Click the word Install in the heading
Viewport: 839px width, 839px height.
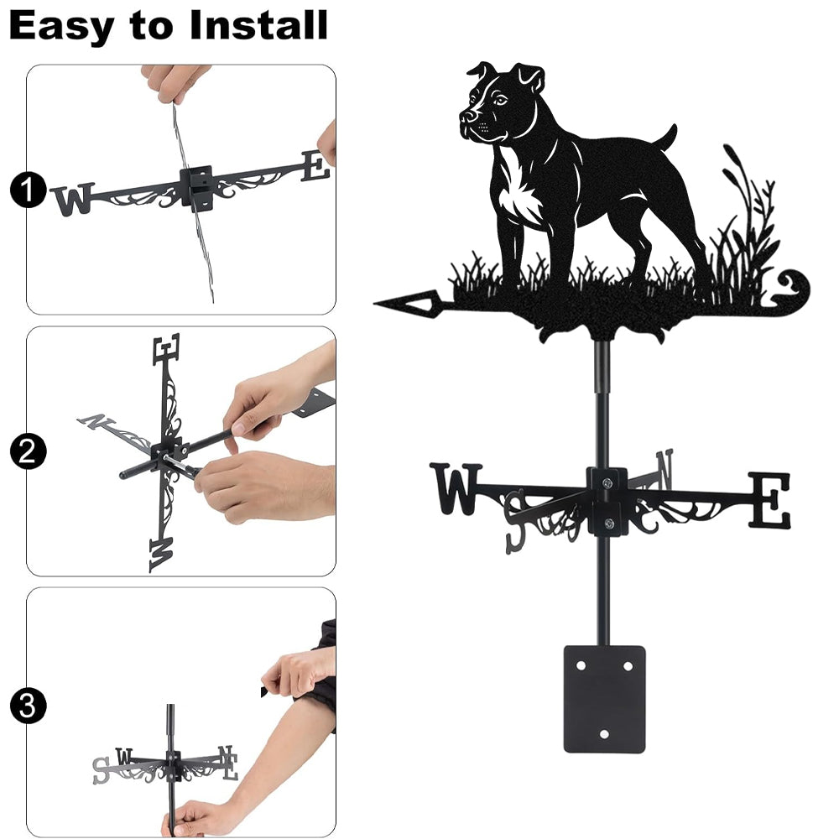pyautogui.click(x=258, y=25)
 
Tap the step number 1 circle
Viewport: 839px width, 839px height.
pyautogui.click(x=28, y=190)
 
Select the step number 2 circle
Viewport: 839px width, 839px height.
pyautogui.click(x=28, y=451)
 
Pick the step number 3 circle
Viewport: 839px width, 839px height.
pyautogui.click(x=28, y=706)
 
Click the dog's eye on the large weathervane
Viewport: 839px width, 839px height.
pyautogui.click(x=500, y=100)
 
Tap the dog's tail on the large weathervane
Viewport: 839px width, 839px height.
pyautogui.click(x=667, y=138)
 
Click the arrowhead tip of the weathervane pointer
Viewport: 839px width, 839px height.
pyautogui.click(x=374, y=304)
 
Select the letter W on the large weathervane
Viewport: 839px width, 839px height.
pyautogui.click(x=456, y=489)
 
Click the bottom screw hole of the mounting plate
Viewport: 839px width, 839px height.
pyautogui.click(x=604, y=734)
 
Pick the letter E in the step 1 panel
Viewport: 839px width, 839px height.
pyautogui.click(x=315, y=166)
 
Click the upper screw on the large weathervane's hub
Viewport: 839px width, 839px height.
pyautogui.click(x=607, y=484)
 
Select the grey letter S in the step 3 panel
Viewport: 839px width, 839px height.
pyautogui.click(x=101, y=770)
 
